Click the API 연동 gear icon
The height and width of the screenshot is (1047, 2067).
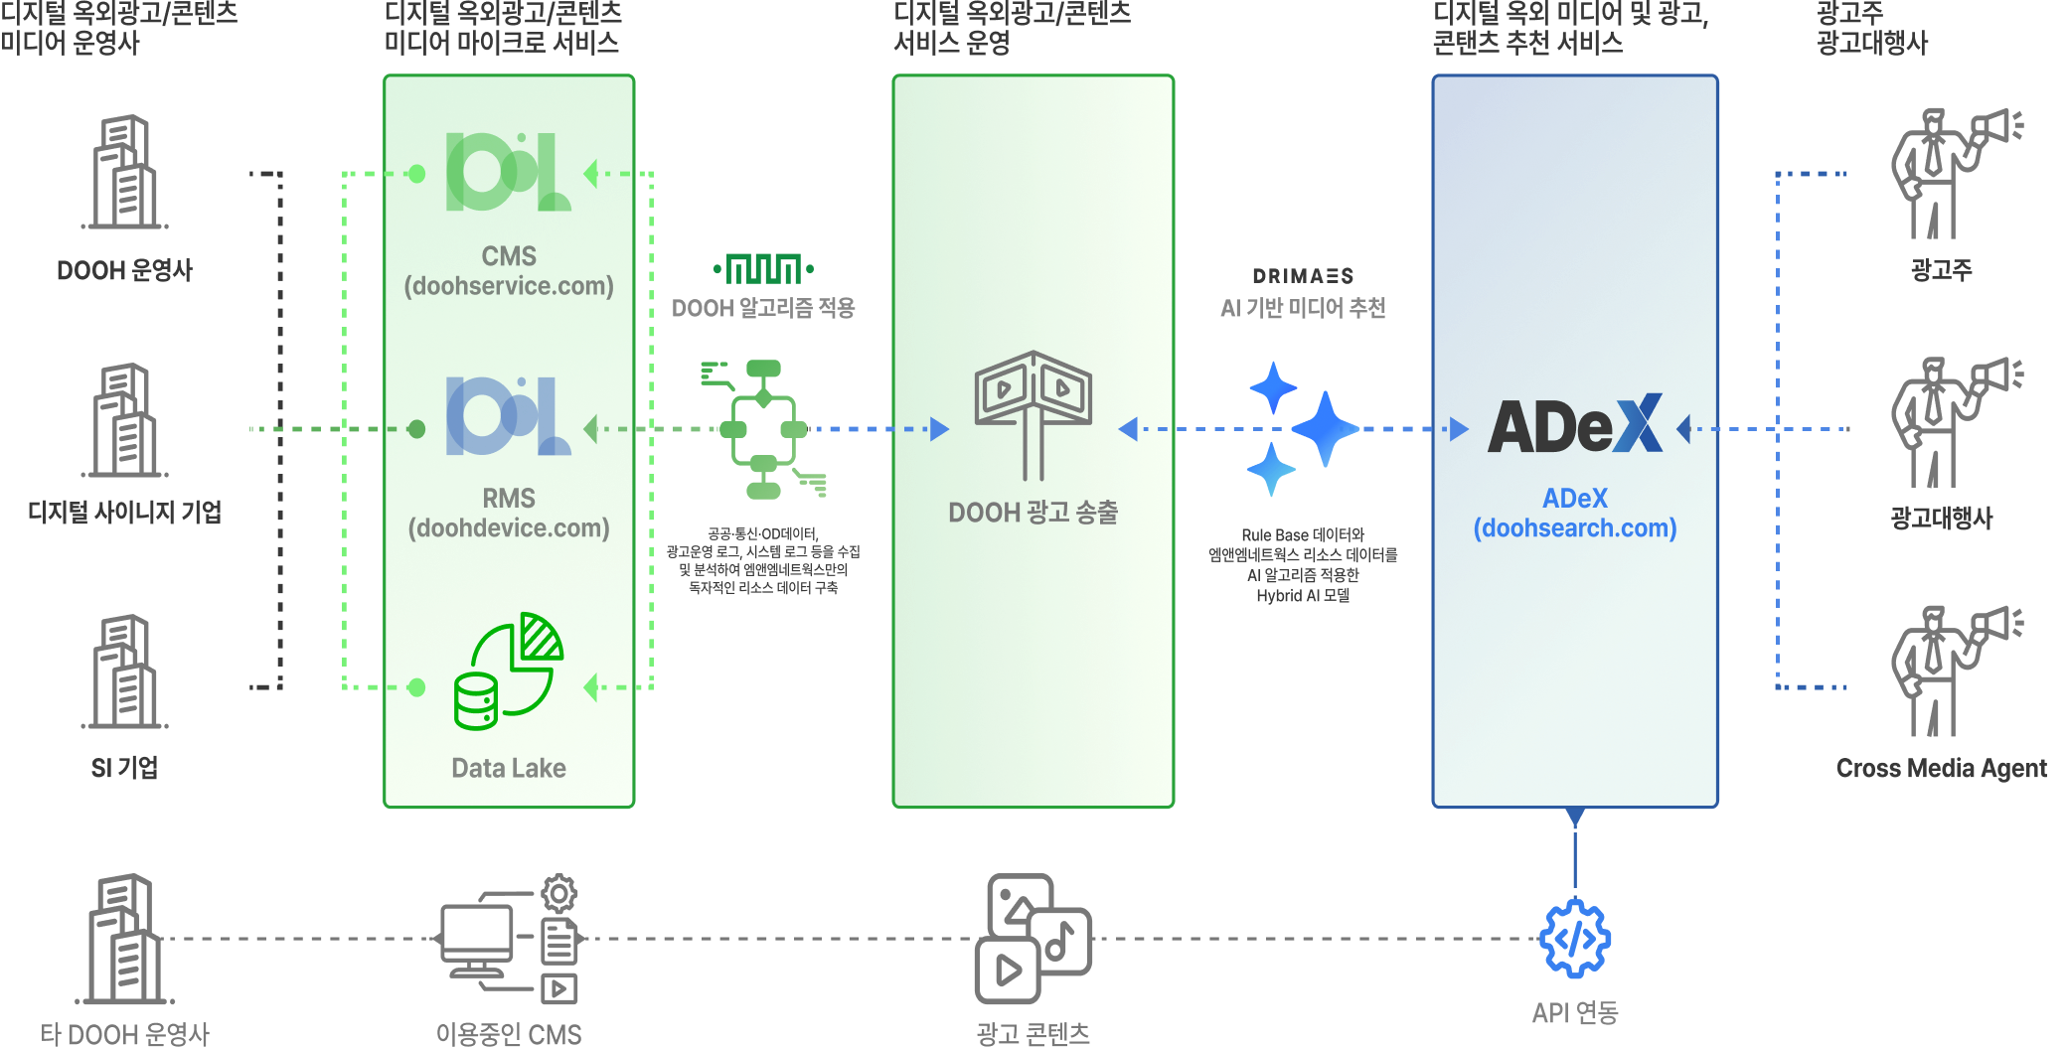[1575, 938]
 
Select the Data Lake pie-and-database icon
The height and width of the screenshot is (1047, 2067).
[509, 672]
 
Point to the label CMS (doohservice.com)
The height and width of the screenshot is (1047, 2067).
[509, 271]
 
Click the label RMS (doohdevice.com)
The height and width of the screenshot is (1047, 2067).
[509, 514]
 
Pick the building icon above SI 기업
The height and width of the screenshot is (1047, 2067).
[125, 672]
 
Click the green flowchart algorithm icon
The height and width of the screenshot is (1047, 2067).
[763, 429]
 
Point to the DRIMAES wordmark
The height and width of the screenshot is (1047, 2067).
[1303, 276]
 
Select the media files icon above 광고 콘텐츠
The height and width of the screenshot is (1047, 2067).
[1033, 939]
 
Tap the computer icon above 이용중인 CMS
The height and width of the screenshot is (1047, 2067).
[510, 939]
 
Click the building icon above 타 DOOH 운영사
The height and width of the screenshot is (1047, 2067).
[125, 939]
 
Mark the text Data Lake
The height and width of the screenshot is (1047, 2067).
[509, 768]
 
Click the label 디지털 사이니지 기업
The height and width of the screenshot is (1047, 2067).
[125, 513]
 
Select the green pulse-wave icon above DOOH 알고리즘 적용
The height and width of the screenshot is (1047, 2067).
[763, 269]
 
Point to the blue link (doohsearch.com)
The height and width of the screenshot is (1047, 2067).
[1575, 528]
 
